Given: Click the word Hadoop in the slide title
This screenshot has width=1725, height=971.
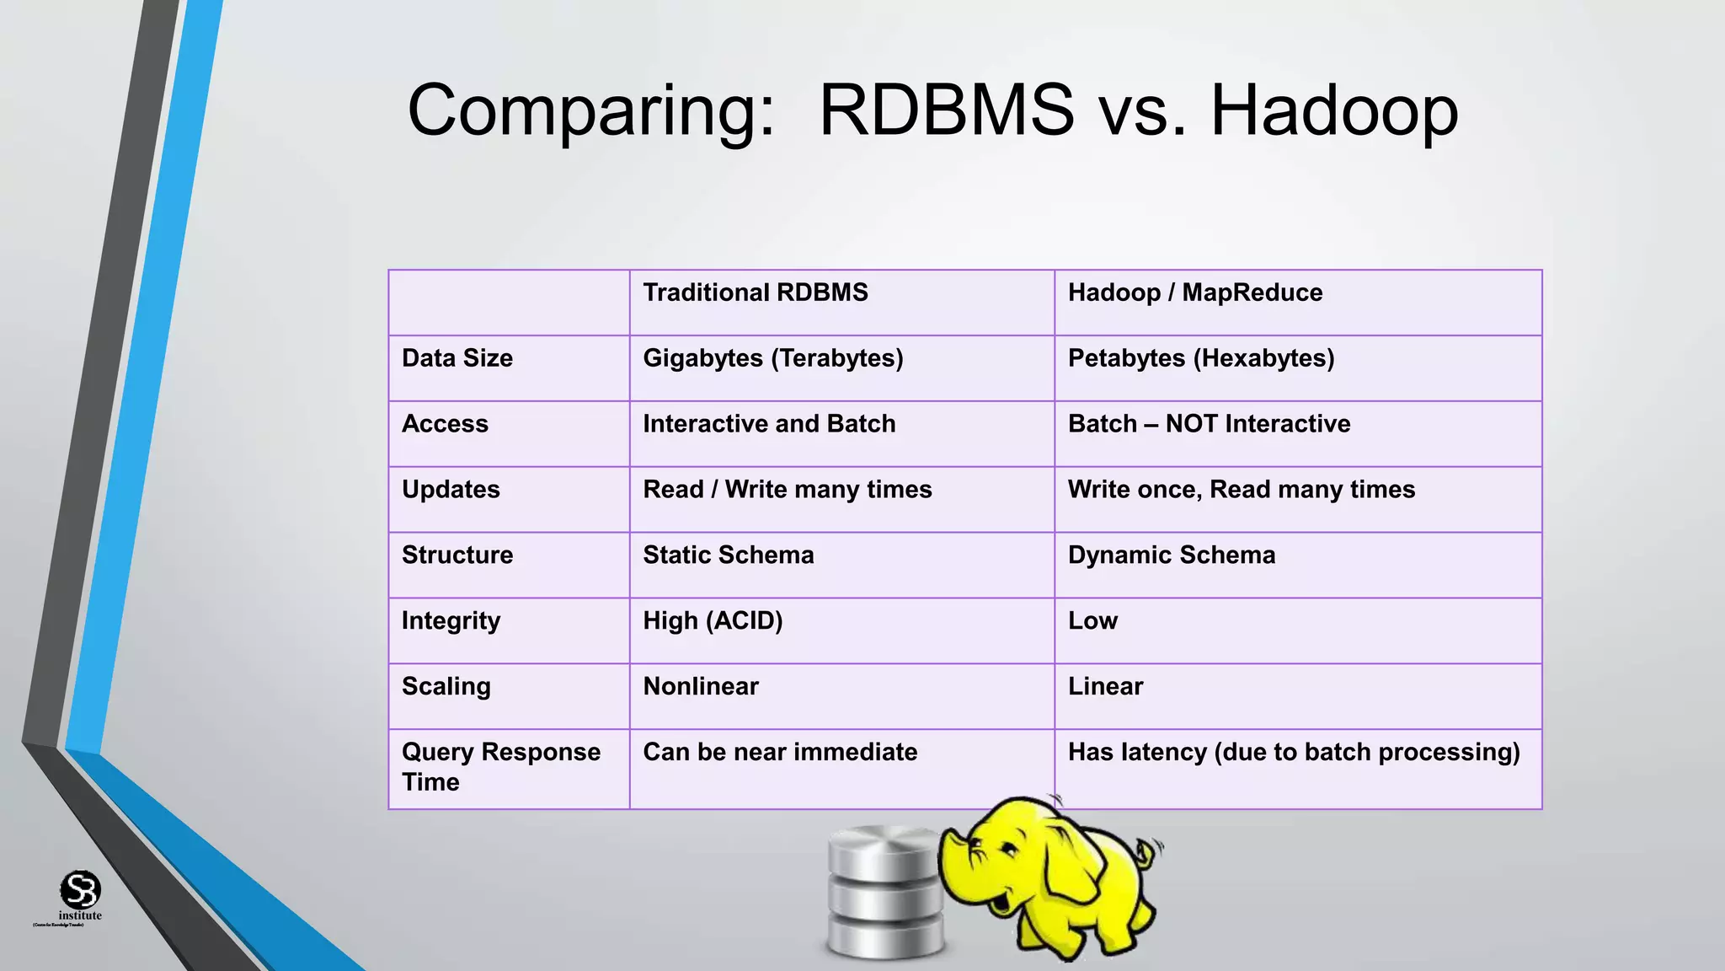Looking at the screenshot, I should pyautogui.click(x=1334, y=110).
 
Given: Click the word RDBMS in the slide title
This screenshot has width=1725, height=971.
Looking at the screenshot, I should pyautogui.click(x=946, y=110).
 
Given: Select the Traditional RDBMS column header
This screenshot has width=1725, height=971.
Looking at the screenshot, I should pyautogui.click(x=756, y=292).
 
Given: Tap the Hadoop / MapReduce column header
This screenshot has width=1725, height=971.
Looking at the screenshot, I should pyautogui.click(x=1194, y=292).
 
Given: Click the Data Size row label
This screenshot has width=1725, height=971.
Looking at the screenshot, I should pyautogui.click(x=457, y=358).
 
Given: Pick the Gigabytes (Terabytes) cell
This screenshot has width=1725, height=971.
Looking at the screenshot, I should pyautogui.click(x=772, y=358).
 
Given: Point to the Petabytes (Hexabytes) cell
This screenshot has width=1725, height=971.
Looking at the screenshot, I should pyautogui.click(x=1201, y=358).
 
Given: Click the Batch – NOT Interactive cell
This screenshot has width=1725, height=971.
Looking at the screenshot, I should pyautogui.click(x=1209, y=424).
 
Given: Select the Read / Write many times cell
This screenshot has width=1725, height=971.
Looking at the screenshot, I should pyautogui.click(x=787, y=490).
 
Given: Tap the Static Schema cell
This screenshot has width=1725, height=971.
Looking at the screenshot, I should pyautogui.click(x=729, y=555).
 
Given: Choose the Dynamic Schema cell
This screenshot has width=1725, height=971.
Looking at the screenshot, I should pyautogui.click(x=1171, y=555).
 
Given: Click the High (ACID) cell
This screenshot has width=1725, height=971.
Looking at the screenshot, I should pyautogui.click(x=713, y=621).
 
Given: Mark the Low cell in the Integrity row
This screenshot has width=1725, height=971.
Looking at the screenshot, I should pyautogui.click(x=1092, y=621).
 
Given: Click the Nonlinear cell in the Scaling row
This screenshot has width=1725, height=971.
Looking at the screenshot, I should pyautogui.click(x=701, y=687).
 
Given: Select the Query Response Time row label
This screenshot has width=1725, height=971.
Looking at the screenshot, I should pyautogui.click(x=500, y=766).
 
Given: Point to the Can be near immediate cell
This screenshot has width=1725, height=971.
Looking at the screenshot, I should pyautogui.click(x=780, y=752).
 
